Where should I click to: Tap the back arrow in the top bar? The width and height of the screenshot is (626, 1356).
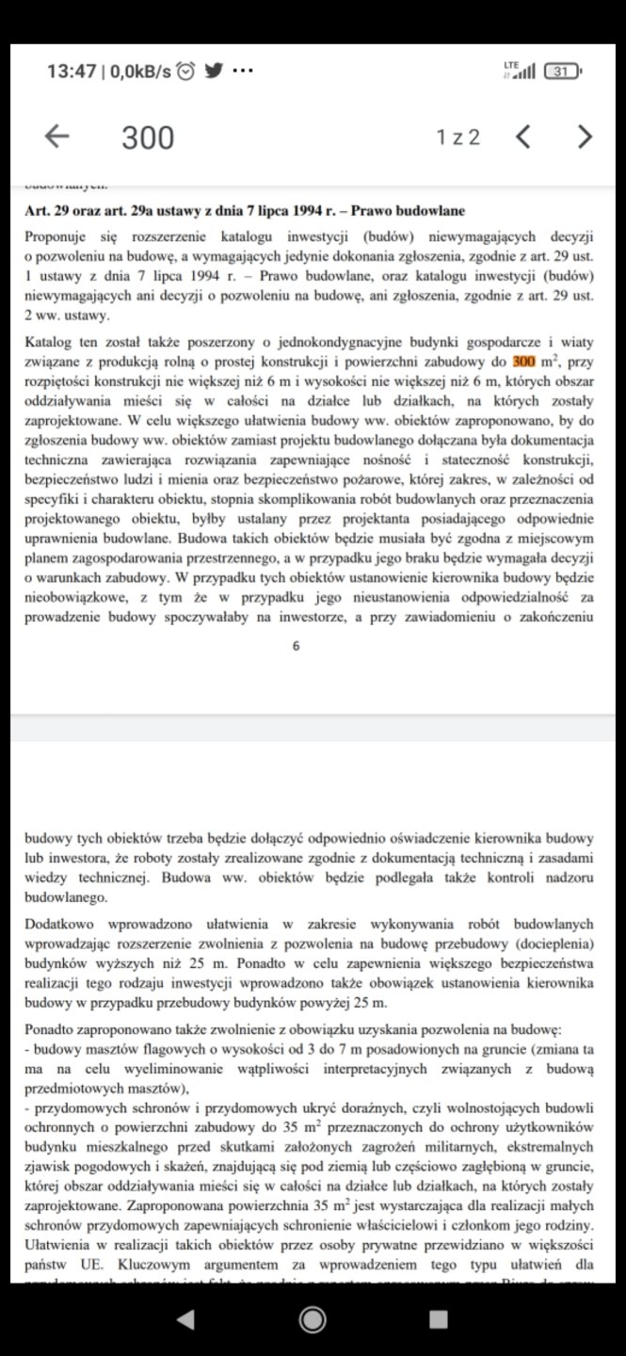57,137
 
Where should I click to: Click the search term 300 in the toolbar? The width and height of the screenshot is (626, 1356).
148,137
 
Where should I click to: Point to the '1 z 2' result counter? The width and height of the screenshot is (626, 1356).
457,137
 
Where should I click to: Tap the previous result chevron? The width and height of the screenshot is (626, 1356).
524,137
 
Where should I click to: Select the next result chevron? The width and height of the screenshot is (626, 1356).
586,137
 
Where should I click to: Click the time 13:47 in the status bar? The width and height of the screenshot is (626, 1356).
71,71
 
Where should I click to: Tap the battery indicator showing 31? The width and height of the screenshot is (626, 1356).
563,71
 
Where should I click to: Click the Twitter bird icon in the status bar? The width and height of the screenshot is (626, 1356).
214,71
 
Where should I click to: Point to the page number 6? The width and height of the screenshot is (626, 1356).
297,646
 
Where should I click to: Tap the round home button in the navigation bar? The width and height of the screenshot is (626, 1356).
313,1319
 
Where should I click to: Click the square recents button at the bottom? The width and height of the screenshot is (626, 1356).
439,1319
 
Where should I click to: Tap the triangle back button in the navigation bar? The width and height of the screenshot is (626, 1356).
186,1319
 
